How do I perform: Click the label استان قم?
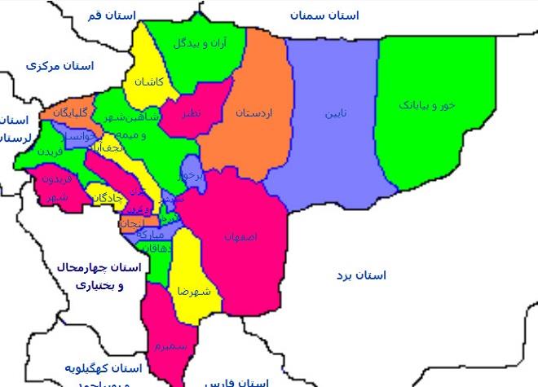click(x=112, y=15)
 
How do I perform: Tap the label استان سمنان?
click(x=324, y=15)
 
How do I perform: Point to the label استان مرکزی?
click(x=60, y=65)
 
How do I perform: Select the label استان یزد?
click(x=360, y=275)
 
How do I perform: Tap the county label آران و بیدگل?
click(x=201, y=42)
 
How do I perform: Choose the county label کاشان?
click(x=149, y=81)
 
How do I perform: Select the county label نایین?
click(x=335, y=112)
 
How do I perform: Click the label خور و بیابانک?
click(x=427, y=105)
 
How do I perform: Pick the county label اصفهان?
click(x=240, y=236)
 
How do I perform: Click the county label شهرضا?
click(x=194, y=291)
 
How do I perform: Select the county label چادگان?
click(x=108, y=197)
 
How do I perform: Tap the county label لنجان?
click(x=130, y=222)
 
